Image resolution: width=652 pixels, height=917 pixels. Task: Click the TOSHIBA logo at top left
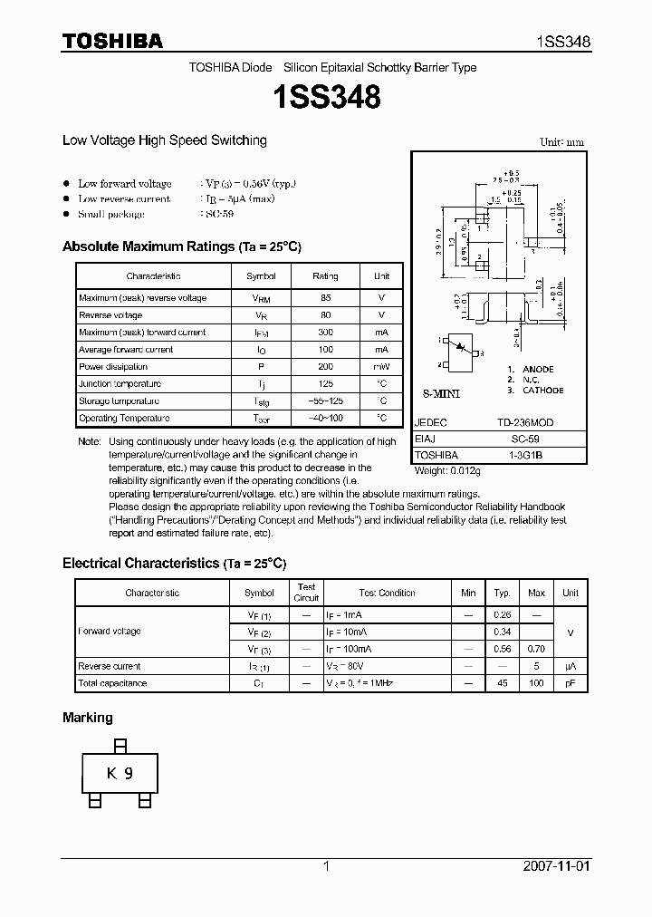[x=112, y=41]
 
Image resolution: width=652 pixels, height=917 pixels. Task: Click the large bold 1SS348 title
[x=325, y=97]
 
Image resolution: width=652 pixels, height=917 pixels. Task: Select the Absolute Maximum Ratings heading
[x=181, y=246]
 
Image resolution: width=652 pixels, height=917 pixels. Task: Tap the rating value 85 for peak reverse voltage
[x=325, y=298]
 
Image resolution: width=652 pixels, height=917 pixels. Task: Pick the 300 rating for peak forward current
[x=325, y=333]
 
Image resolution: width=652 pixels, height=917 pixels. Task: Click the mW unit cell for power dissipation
[x=382, y=367]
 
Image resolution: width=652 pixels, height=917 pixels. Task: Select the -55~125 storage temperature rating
[x=325, y=401]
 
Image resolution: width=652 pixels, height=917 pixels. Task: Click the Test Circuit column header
[x=307, y=593]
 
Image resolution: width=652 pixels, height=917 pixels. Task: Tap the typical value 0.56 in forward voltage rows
[x=502, y=649]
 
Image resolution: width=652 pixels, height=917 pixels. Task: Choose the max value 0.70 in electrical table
[x=536, y=649]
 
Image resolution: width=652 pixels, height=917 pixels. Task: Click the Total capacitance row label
[x=112, y=683]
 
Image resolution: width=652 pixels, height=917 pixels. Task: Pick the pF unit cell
[x=570, y=683]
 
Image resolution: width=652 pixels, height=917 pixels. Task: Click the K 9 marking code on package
[x=120, y=773]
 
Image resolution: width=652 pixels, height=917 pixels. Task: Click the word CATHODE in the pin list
[x=542, y=391]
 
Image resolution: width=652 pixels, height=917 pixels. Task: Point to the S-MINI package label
[x=443, y=396]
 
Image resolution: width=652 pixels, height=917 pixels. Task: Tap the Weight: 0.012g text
[x=448, y=470]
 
